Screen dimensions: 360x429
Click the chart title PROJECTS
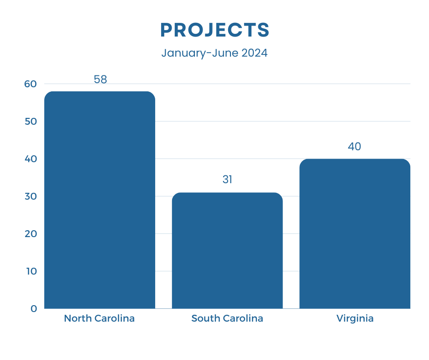pyautogui.click(x=214, y=30)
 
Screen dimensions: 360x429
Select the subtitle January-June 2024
pyautogui.click(x=214, y=53)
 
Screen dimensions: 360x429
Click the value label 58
pyautogui.click(x=100, y=79)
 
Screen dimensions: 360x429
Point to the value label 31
pyautogui.click(x=227, y=180)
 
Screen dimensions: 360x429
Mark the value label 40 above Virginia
pyautogui.click(x=355, y=147)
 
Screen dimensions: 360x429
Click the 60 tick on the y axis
pyautogui.click(x=31, y=84)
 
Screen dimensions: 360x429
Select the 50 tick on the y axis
pyautogui.click(x=31, y=122)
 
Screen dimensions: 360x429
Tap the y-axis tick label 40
pyautogui.click(x=31, y=159)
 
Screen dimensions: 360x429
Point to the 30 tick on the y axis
pyautogui.click(x=31, y=196)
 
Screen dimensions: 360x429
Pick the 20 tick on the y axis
pyautogui.click(x=31, y=234)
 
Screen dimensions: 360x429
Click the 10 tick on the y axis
pyautogui.click(x=31, y=271)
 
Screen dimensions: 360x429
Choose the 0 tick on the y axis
pyautogui.click(x=34, y=309)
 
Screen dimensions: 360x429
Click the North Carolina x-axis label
pyautogui.click(x=99, y=318)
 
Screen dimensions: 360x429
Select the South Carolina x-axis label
pyautogui.click(x=227, y=318)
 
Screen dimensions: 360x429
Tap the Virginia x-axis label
pyautogui.click(x=355, y=318)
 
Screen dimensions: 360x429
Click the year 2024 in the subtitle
pyautogui.click(x=255, y=53)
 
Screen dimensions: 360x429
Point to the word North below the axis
pyautogui.click(x=77, y=318)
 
